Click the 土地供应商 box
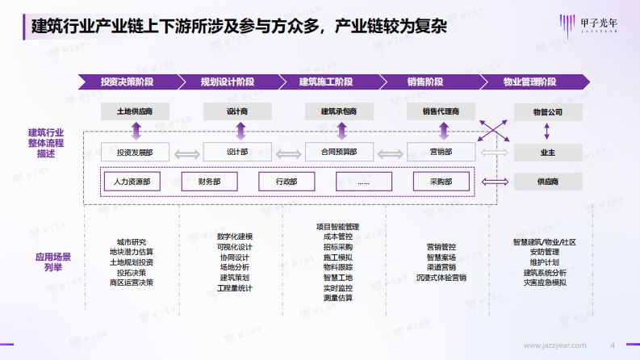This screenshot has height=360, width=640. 135,111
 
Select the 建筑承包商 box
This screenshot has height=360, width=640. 339,111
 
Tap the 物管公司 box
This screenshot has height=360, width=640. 548,112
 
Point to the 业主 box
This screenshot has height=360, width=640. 548,153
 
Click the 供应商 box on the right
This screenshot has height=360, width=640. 548,182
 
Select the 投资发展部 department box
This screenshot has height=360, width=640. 135,152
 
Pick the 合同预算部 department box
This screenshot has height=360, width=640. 339,152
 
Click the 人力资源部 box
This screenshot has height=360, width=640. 132,182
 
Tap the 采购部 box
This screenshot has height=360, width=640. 441,182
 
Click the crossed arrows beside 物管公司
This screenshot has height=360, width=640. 493,131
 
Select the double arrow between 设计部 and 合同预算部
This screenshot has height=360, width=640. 289,154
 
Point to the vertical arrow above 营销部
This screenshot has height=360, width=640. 444,131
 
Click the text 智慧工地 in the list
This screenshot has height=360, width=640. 338,278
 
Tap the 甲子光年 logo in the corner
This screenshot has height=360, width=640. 588,25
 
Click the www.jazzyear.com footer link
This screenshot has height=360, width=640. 554,345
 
